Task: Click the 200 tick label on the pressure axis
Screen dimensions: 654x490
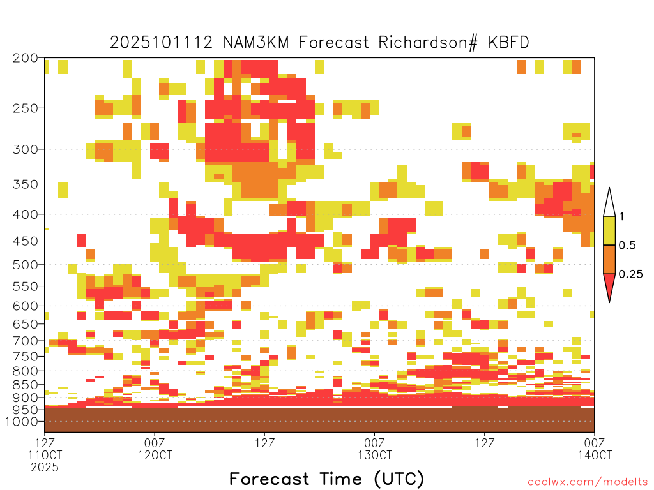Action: click(26, 58)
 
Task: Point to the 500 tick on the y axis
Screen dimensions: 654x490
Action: click(26, 265)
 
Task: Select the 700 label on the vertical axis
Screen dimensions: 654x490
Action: click(26, 341)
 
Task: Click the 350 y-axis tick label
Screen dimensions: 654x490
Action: click(26, 184)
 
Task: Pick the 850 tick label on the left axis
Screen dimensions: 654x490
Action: click(26, 385)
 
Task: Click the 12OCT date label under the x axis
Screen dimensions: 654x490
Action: click(155, 456)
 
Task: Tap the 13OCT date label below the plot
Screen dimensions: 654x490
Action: click(375, 456)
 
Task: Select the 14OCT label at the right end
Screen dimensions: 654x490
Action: click(595, 456)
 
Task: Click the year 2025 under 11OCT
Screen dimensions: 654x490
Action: click(45, 468)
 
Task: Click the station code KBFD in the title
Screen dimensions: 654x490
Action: click(508, 43)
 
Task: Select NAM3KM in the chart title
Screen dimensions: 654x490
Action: click(255, 43)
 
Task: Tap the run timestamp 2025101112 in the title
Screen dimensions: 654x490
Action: click(161, 43)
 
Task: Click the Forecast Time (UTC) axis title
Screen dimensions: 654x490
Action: click(326, 479)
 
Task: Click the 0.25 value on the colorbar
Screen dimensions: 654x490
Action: click(630, 274)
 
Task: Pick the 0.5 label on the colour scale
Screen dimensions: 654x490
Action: click(627, 246)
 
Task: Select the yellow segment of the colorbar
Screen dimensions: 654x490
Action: click(609, 230)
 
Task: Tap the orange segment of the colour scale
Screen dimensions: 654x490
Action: click(609, 259)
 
